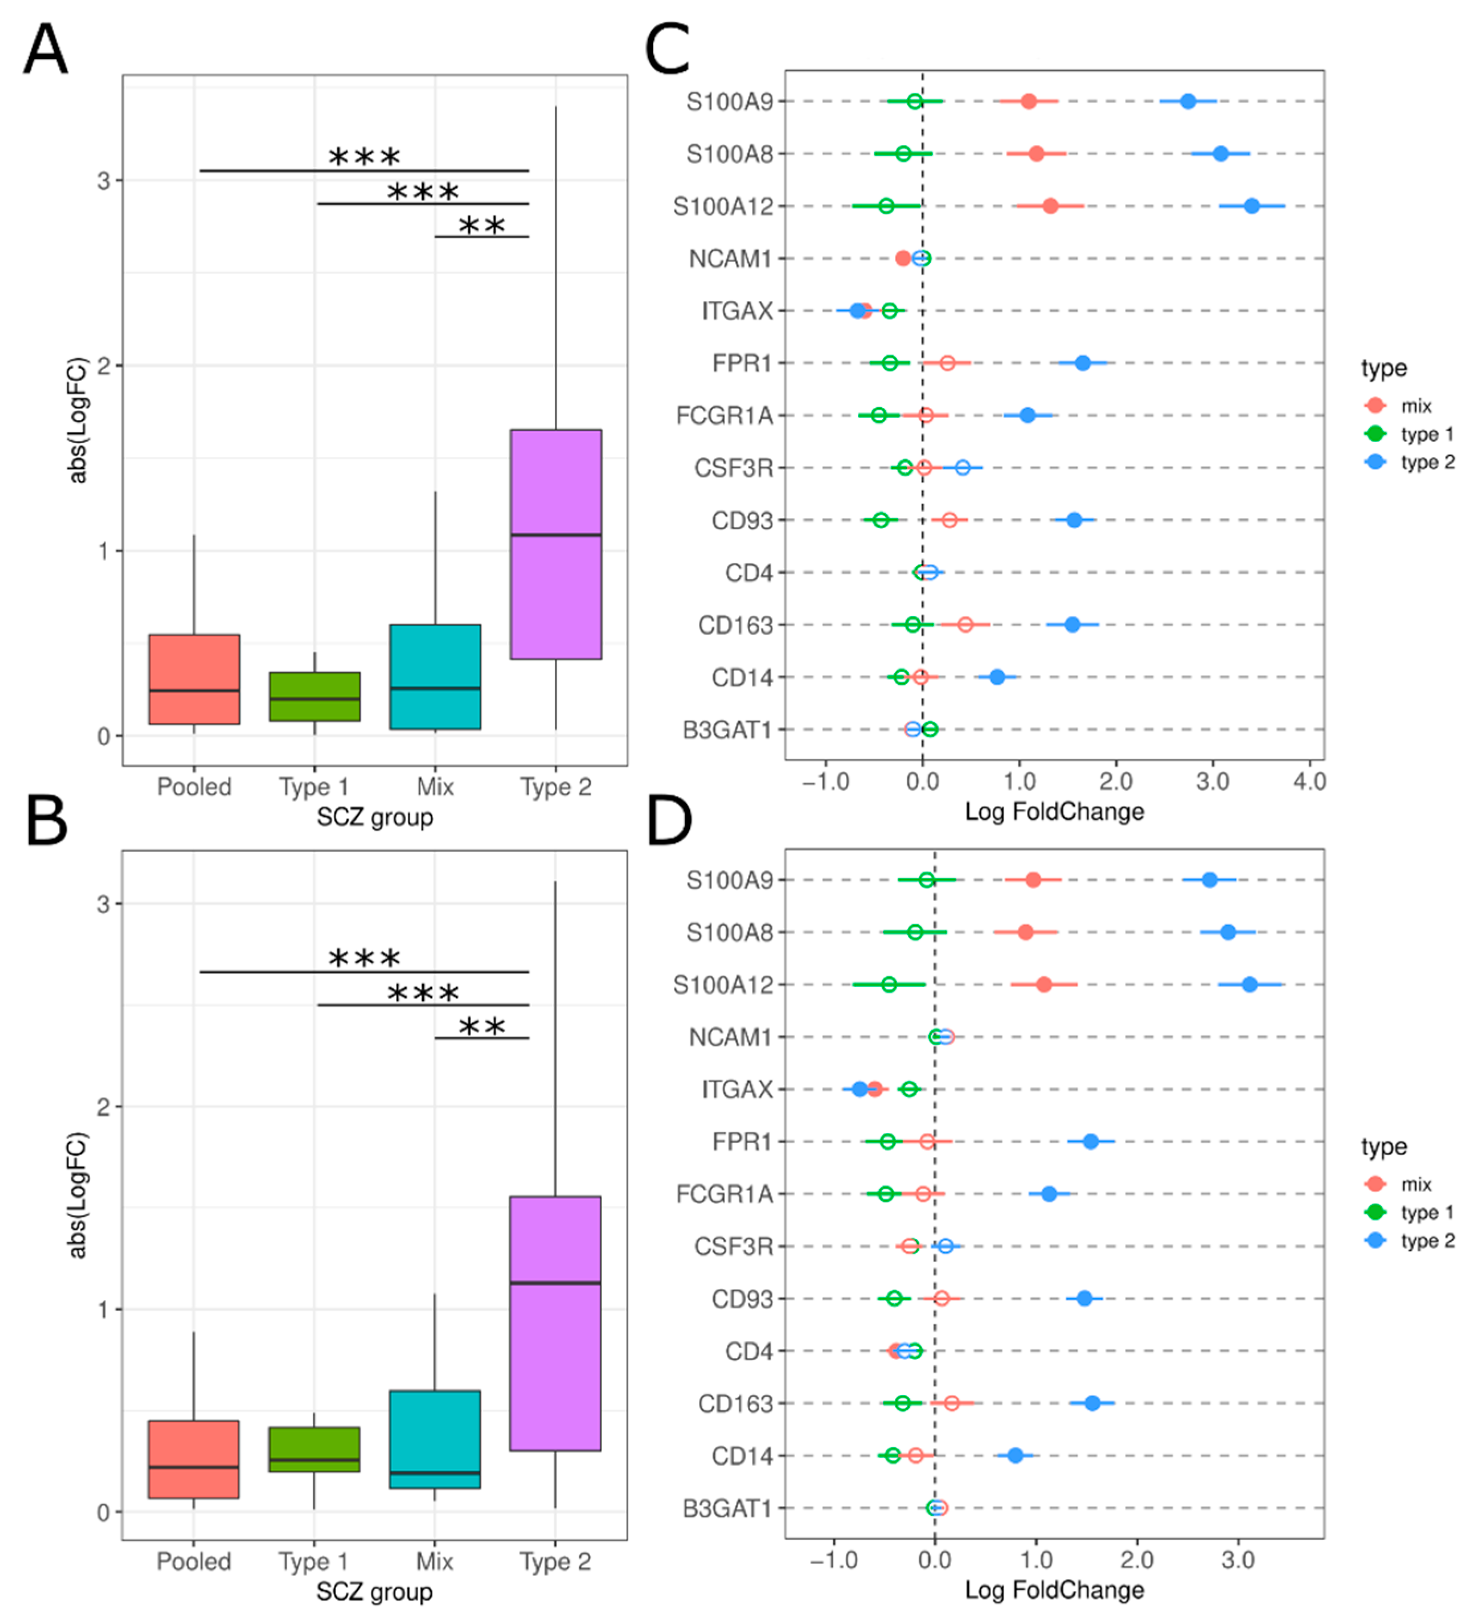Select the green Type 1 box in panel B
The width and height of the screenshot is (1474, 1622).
314,1449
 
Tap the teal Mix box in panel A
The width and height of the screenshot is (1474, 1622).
435,677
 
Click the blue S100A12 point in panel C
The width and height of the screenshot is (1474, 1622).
1251,206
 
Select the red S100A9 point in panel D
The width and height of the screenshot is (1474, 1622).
1033,880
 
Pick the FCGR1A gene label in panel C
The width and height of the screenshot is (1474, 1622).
724,416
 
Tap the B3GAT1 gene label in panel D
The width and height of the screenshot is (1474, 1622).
727,1509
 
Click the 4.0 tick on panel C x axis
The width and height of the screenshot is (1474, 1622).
1309,781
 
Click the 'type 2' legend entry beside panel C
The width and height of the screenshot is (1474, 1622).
1427,463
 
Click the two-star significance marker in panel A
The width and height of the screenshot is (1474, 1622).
482,226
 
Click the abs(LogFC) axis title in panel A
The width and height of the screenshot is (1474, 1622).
78,420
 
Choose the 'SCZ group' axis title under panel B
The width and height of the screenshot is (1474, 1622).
374,1591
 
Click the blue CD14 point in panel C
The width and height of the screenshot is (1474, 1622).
997,677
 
